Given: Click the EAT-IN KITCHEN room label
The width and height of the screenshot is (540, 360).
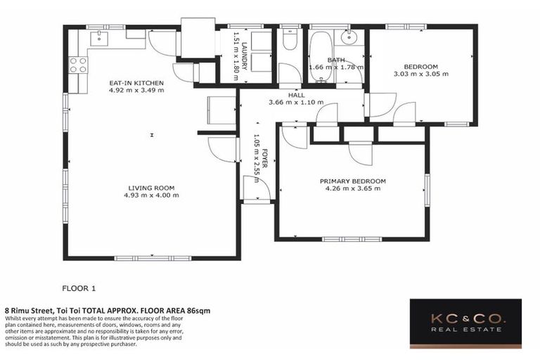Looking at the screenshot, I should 136,83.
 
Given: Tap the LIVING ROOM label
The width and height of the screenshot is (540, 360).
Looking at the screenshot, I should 151,187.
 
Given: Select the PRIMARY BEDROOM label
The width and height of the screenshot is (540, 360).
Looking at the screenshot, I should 352,181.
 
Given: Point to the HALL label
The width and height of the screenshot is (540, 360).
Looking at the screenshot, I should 296,94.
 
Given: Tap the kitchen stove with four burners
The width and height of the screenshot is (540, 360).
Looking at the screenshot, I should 77,65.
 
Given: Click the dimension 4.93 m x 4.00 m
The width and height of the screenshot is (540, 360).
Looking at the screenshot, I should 151,195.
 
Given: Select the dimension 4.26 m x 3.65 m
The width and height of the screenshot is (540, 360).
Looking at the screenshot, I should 352,188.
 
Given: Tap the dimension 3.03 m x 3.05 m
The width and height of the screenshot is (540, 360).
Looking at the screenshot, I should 420,73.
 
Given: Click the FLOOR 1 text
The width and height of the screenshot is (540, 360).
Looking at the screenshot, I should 79,288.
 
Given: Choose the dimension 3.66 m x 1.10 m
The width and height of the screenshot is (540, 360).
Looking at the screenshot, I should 296,102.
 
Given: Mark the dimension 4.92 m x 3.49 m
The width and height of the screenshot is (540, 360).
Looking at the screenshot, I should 136,91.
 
